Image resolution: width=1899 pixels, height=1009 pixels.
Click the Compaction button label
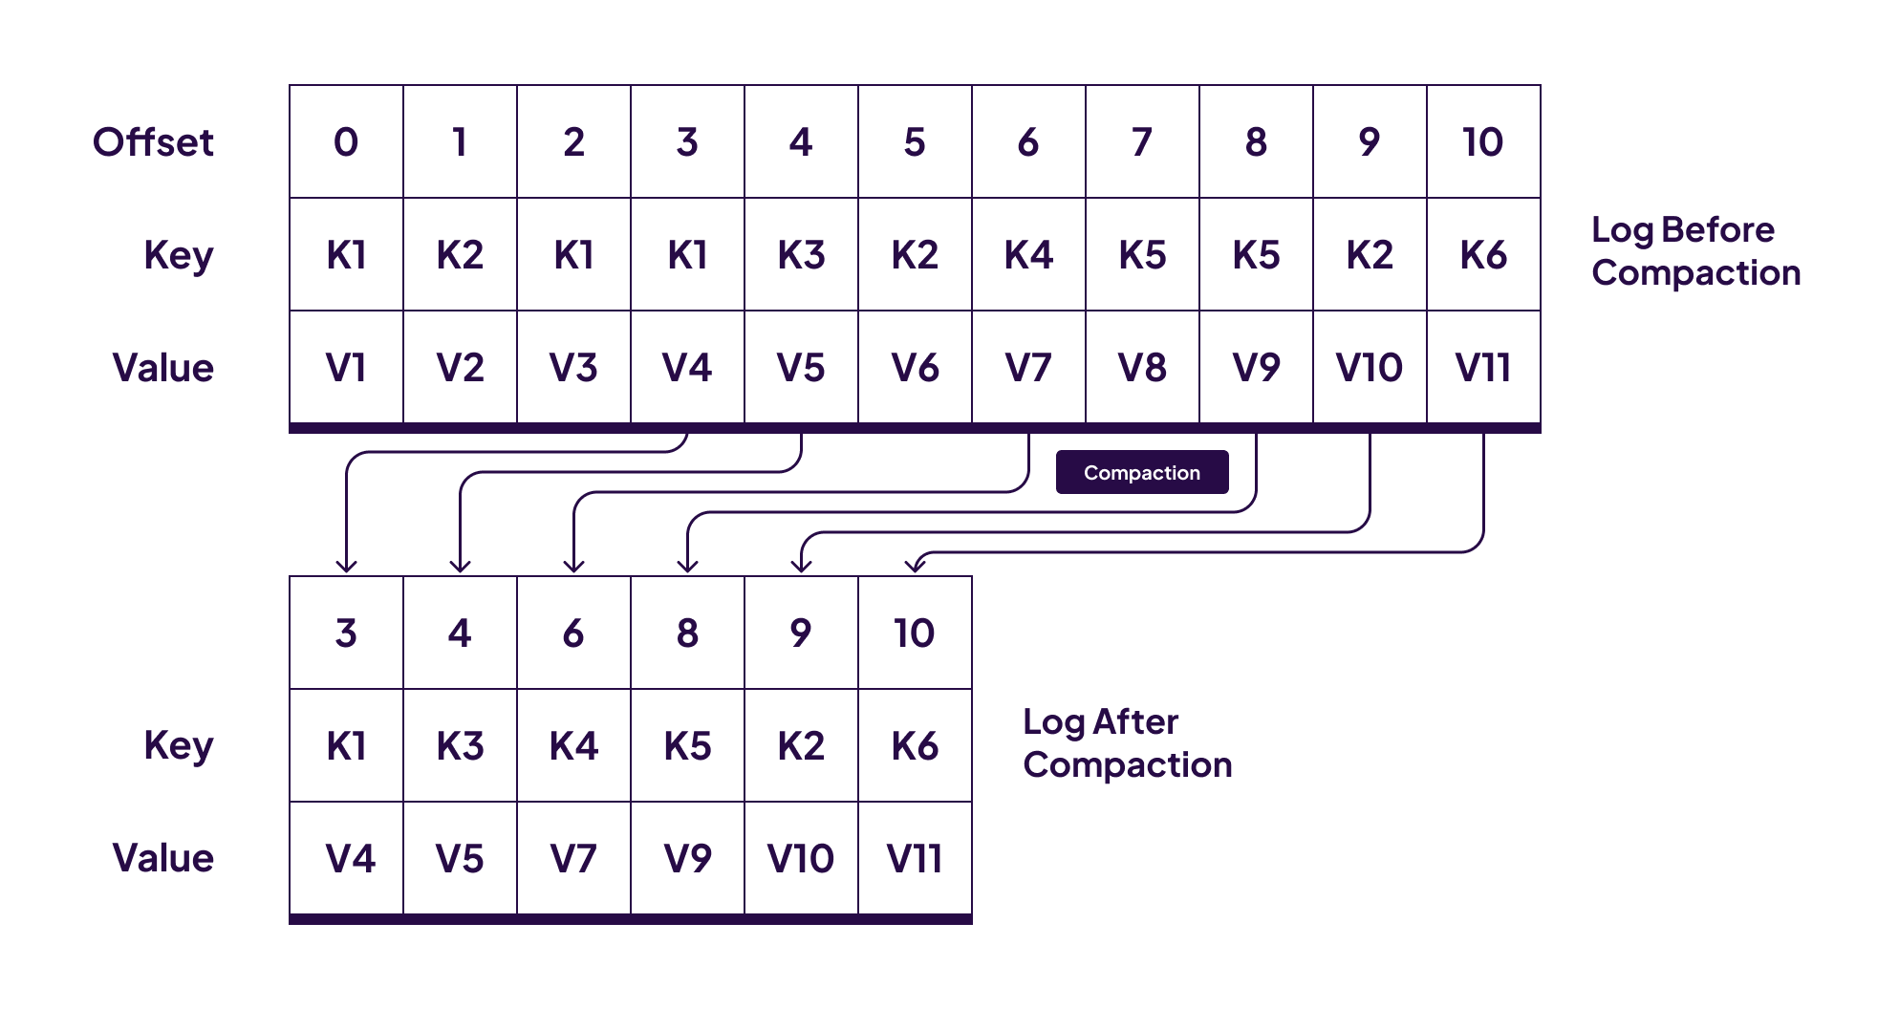point(1141,473)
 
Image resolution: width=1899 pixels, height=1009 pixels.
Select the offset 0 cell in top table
point(346,142)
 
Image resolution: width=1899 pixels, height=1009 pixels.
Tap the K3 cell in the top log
point(801,255)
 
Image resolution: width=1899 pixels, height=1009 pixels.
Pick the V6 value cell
point(915,368)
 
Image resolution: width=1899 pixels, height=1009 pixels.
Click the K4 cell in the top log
point(1028,255)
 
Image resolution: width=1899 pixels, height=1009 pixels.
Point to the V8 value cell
point(1142,368)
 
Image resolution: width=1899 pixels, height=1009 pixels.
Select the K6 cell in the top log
point(1483,255)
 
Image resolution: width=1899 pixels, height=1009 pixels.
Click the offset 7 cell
point(1142,142)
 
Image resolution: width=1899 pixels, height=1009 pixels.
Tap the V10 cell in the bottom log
point(801,858)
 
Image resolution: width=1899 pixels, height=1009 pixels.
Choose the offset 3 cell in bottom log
point(346,633)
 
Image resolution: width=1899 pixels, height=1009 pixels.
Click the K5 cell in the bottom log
point(687,745)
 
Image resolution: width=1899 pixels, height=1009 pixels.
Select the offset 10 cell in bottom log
point(915,633)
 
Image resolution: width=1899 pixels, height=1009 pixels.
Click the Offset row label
point(153,142)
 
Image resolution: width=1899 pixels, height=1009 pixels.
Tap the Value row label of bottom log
point(162,858)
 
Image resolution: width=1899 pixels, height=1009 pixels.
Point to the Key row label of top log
point(178,256)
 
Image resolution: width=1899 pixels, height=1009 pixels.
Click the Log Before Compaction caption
point(1694,251)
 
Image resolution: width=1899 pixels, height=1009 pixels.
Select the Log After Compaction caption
point(1127,743)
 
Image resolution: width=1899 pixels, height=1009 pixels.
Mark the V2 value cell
point(460,368)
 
